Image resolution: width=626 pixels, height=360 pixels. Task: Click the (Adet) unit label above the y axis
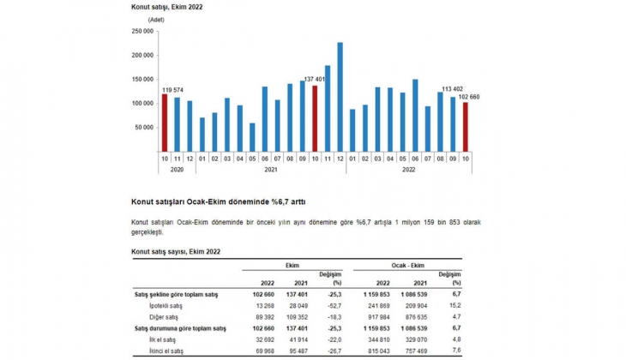point(156,18)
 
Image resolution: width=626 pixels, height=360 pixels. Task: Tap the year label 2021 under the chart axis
point(271,170)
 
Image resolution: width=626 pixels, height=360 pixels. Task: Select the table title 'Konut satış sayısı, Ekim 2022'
point(176,252)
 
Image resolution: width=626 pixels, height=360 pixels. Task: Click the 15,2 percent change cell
point(455,305)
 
